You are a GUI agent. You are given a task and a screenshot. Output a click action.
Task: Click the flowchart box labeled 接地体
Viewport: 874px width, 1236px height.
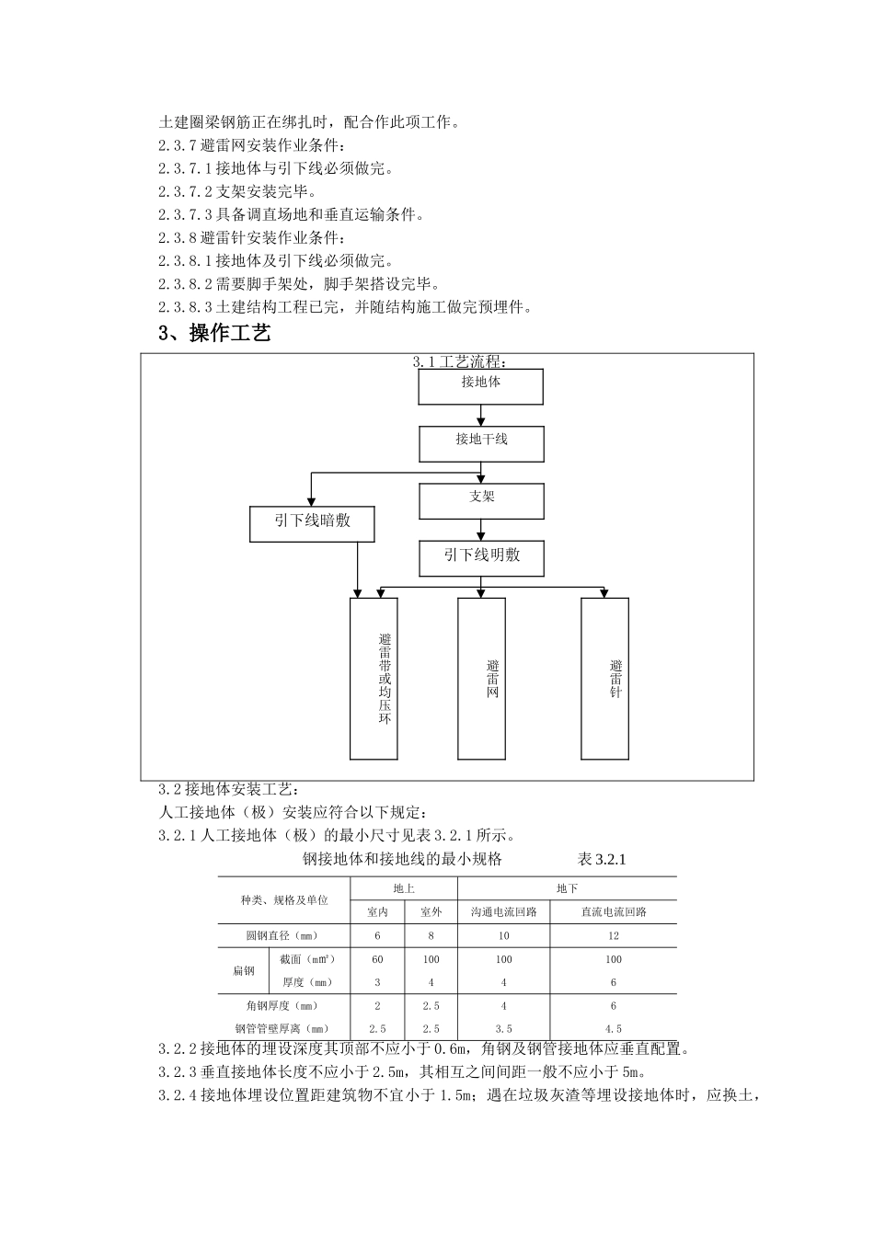tap(480, 386)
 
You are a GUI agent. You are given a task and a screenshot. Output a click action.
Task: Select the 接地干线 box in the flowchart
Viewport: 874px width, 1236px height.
tap(481, 443)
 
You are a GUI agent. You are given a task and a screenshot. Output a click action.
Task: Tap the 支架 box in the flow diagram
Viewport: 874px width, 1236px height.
tap(481, 500)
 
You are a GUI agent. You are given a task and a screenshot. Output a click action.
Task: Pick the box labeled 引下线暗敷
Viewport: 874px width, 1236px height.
tap(312, 524)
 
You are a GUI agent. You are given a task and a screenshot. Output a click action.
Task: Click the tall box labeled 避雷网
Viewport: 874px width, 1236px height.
tap(481, 679)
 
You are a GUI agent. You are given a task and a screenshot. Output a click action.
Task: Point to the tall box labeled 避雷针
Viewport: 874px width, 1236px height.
tap(604, 679)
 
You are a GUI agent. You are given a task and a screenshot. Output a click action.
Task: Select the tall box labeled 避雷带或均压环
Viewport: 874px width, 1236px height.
tap(374, 679)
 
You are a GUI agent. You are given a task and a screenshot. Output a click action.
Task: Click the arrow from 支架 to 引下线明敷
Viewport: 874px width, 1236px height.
tap(481, 530)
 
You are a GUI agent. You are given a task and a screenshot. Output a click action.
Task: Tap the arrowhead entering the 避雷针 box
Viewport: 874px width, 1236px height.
tap(604, 593)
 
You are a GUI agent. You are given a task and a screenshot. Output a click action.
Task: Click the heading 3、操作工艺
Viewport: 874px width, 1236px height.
tap(214, 333)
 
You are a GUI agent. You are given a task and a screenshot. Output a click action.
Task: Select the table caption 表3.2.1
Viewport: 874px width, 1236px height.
tap(601, 860)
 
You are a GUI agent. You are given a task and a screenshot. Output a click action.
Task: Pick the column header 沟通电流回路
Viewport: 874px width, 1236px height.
tap(503, 912)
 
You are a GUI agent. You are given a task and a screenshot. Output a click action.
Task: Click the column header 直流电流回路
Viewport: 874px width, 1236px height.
tap(614, 912)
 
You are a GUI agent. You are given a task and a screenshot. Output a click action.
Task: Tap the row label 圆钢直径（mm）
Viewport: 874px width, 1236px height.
tap(282, 936)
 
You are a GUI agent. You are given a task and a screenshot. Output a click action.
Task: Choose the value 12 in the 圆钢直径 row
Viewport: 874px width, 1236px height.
tap(614, 936)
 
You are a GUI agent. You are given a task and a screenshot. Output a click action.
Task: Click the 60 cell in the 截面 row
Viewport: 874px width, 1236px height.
tap(377, 959)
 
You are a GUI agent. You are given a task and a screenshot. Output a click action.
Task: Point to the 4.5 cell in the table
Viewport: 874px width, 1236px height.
tap(614, 1029)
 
